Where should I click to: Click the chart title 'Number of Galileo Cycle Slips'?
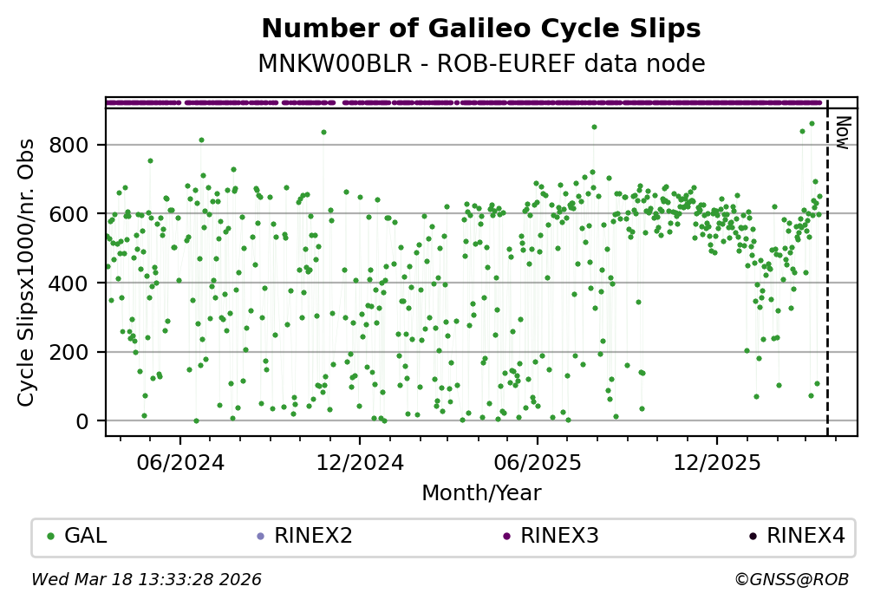480,29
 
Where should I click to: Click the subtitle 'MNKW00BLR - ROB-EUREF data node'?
480,64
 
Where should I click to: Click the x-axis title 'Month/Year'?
481,493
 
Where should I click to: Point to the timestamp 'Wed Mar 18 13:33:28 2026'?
147,579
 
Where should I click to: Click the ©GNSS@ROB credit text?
792,579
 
